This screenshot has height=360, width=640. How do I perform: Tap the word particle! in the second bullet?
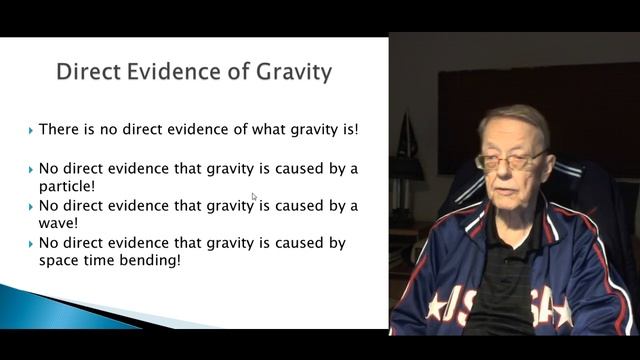68,186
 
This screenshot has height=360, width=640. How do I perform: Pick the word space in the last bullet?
61,261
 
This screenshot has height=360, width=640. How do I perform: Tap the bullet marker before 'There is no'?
30,131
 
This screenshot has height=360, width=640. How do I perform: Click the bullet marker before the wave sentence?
30,206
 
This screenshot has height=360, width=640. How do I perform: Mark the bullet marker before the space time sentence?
30,243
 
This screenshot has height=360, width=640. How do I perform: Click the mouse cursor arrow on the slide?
254,198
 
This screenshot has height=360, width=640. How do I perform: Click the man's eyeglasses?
510,160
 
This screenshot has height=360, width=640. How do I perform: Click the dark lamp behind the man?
406,150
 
